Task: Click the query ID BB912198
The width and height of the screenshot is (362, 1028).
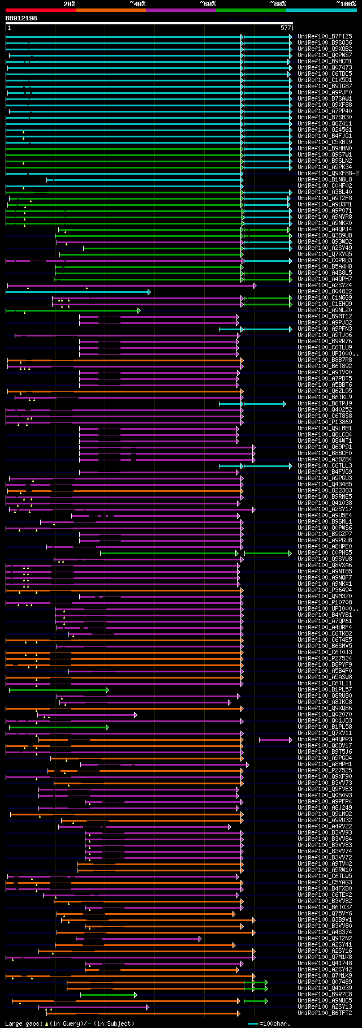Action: coord(21,18)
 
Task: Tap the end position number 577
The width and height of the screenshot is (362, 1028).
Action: coord(285,27)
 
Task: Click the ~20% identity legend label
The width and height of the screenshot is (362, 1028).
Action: coord(69,4)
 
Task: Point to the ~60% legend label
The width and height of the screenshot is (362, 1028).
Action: coord(208,4)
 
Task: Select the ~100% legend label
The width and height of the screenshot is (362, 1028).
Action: coord(346,4)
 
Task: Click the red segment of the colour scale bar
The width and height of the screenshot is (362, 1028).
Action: coord(40,10)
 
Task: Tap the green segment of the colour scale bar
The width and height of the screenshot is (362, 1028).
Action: coord(251,10)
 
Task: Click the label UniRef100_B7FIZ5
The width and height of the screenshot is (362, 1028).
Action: coord(325,37)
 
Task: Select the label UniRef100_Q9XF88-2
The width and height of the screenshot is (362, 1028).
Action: coord(328,174)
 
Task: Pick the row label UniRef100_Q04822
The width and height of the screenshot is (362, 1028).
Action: coord(325,292)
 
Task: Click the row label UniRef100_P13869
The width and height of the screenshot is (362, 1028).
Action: coord(325,422)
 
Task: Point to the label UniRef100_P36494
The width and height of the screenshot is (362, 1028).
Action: coord(325,590)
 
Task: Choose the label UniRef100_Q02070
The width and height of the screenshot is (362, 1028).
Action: coord(325,715)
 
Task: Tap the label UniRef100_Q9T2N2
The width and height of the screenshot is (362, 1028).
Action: coord(325,939)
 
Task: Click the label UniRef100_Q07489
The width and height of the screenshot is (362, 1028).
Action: coord(325,982)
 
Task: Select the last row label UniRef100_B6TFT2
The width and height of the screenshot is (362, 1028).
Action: coord(325,1013)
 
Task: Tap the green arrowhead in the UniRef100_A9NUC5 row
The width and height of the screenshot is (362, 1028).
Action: coord(266,1001)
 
